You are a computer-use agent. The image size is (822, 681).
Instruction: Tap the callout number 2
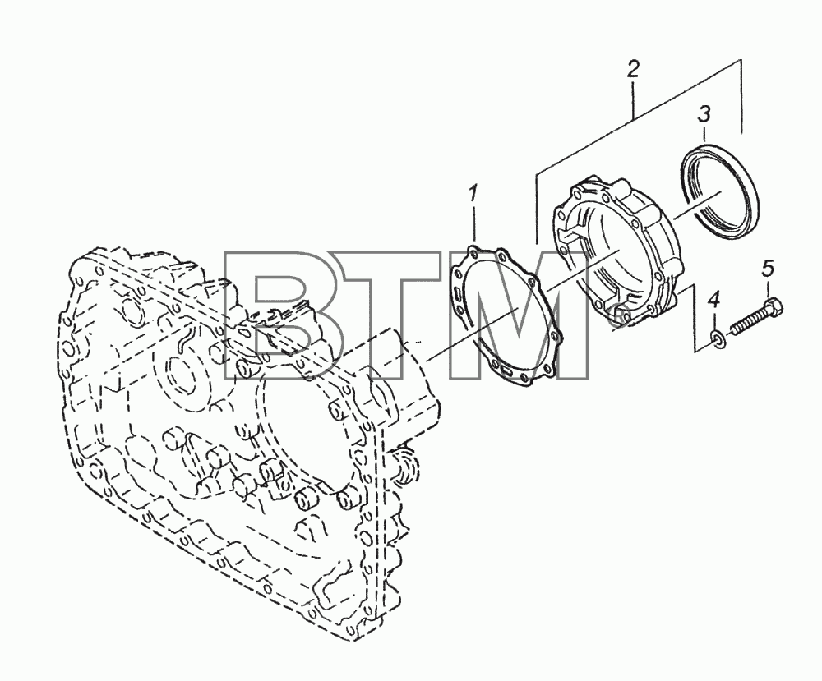pyautogui.click(x=633, y=69)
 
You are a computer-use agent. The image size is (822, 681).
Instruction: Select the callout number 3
pyautogui.click(x=704, y=113)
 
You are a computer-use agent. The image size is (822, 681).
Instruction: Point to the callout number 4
pyautogui.click(x=714, y=301)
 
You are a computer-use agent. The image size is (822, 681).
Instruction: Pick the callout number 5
pyautogui.click(x=768, y=268)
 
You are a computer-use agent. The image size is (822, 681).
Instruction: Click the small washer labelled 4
pyautogui.click(x=718, y=340)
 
